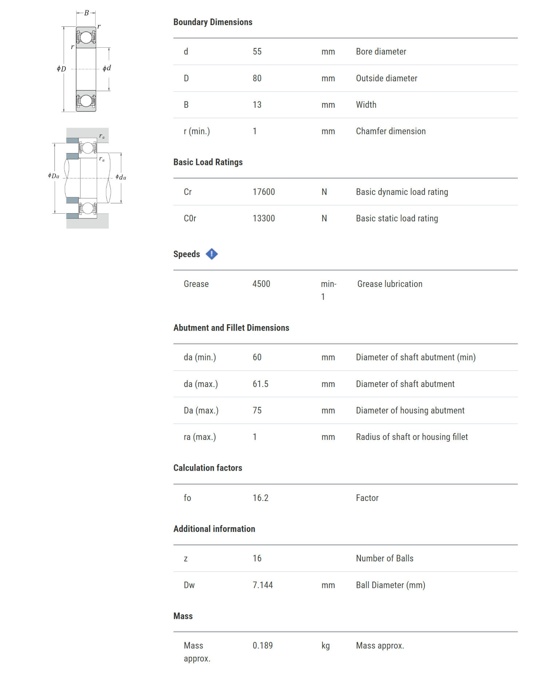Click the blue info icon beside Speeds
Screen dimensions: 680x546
pos(211,254)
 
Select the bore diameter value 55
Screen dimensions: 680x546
pos(257,51)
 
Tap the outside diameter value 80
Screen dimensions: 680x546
pos(257,78)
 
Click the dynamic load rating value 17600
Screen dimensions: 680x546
pos(264,192)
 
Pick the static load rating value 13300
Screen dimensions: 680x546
pos(264,218)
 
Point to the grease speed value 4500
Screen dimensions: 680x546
pos(261,284)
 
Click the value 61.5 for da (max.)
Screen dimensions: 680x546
pos(260,384)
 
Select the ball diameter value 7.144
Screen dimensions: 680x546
pos(262,585)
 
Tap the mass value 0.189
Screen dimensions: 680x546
pos(262,645)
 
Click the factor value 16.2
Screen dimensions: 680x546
pos(260,498)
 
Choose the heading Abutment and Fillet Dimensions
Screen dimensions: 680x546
pos(231,328)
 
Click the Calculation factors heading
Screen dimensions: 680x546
pos(207,468)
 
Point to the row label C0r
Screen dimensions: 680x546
pos(190,218)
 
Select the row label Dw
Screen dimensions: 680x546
pos(189,585)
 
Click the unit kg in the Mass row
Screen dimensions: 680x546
pos(325,645)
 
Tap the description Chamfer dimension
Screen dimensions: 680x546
pos(391,131)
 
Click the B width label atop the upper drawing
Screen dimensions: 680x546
pos(86,13)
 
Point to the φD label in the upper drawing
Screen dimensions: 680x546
pos(61,68)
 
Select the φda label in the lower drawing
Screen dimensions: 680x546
pos(120,177)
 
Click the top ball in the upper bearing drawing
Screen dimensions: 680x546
pos(86,37)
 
